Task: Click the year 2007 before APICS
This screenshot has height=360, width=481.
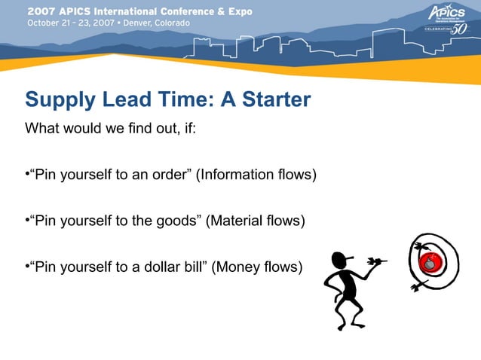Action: click(41, 12)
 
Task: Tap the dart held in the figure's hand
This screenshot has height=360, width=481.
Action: click(377, 262)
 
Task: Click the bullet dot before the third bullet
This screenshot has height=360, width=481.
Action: click(27, 267)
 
